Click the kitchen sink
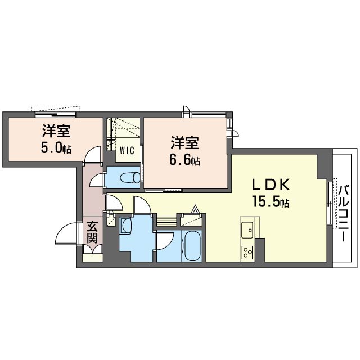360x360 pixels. (247, 229)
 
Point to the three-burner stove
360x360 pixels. (247, 251)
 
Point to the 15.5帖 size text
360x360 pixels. (271, 201)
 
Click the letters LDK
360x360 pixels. (270, 184)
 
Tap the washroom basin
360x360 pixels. (126, 227)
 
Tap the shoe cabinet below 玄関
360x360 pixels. (92, 251)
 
